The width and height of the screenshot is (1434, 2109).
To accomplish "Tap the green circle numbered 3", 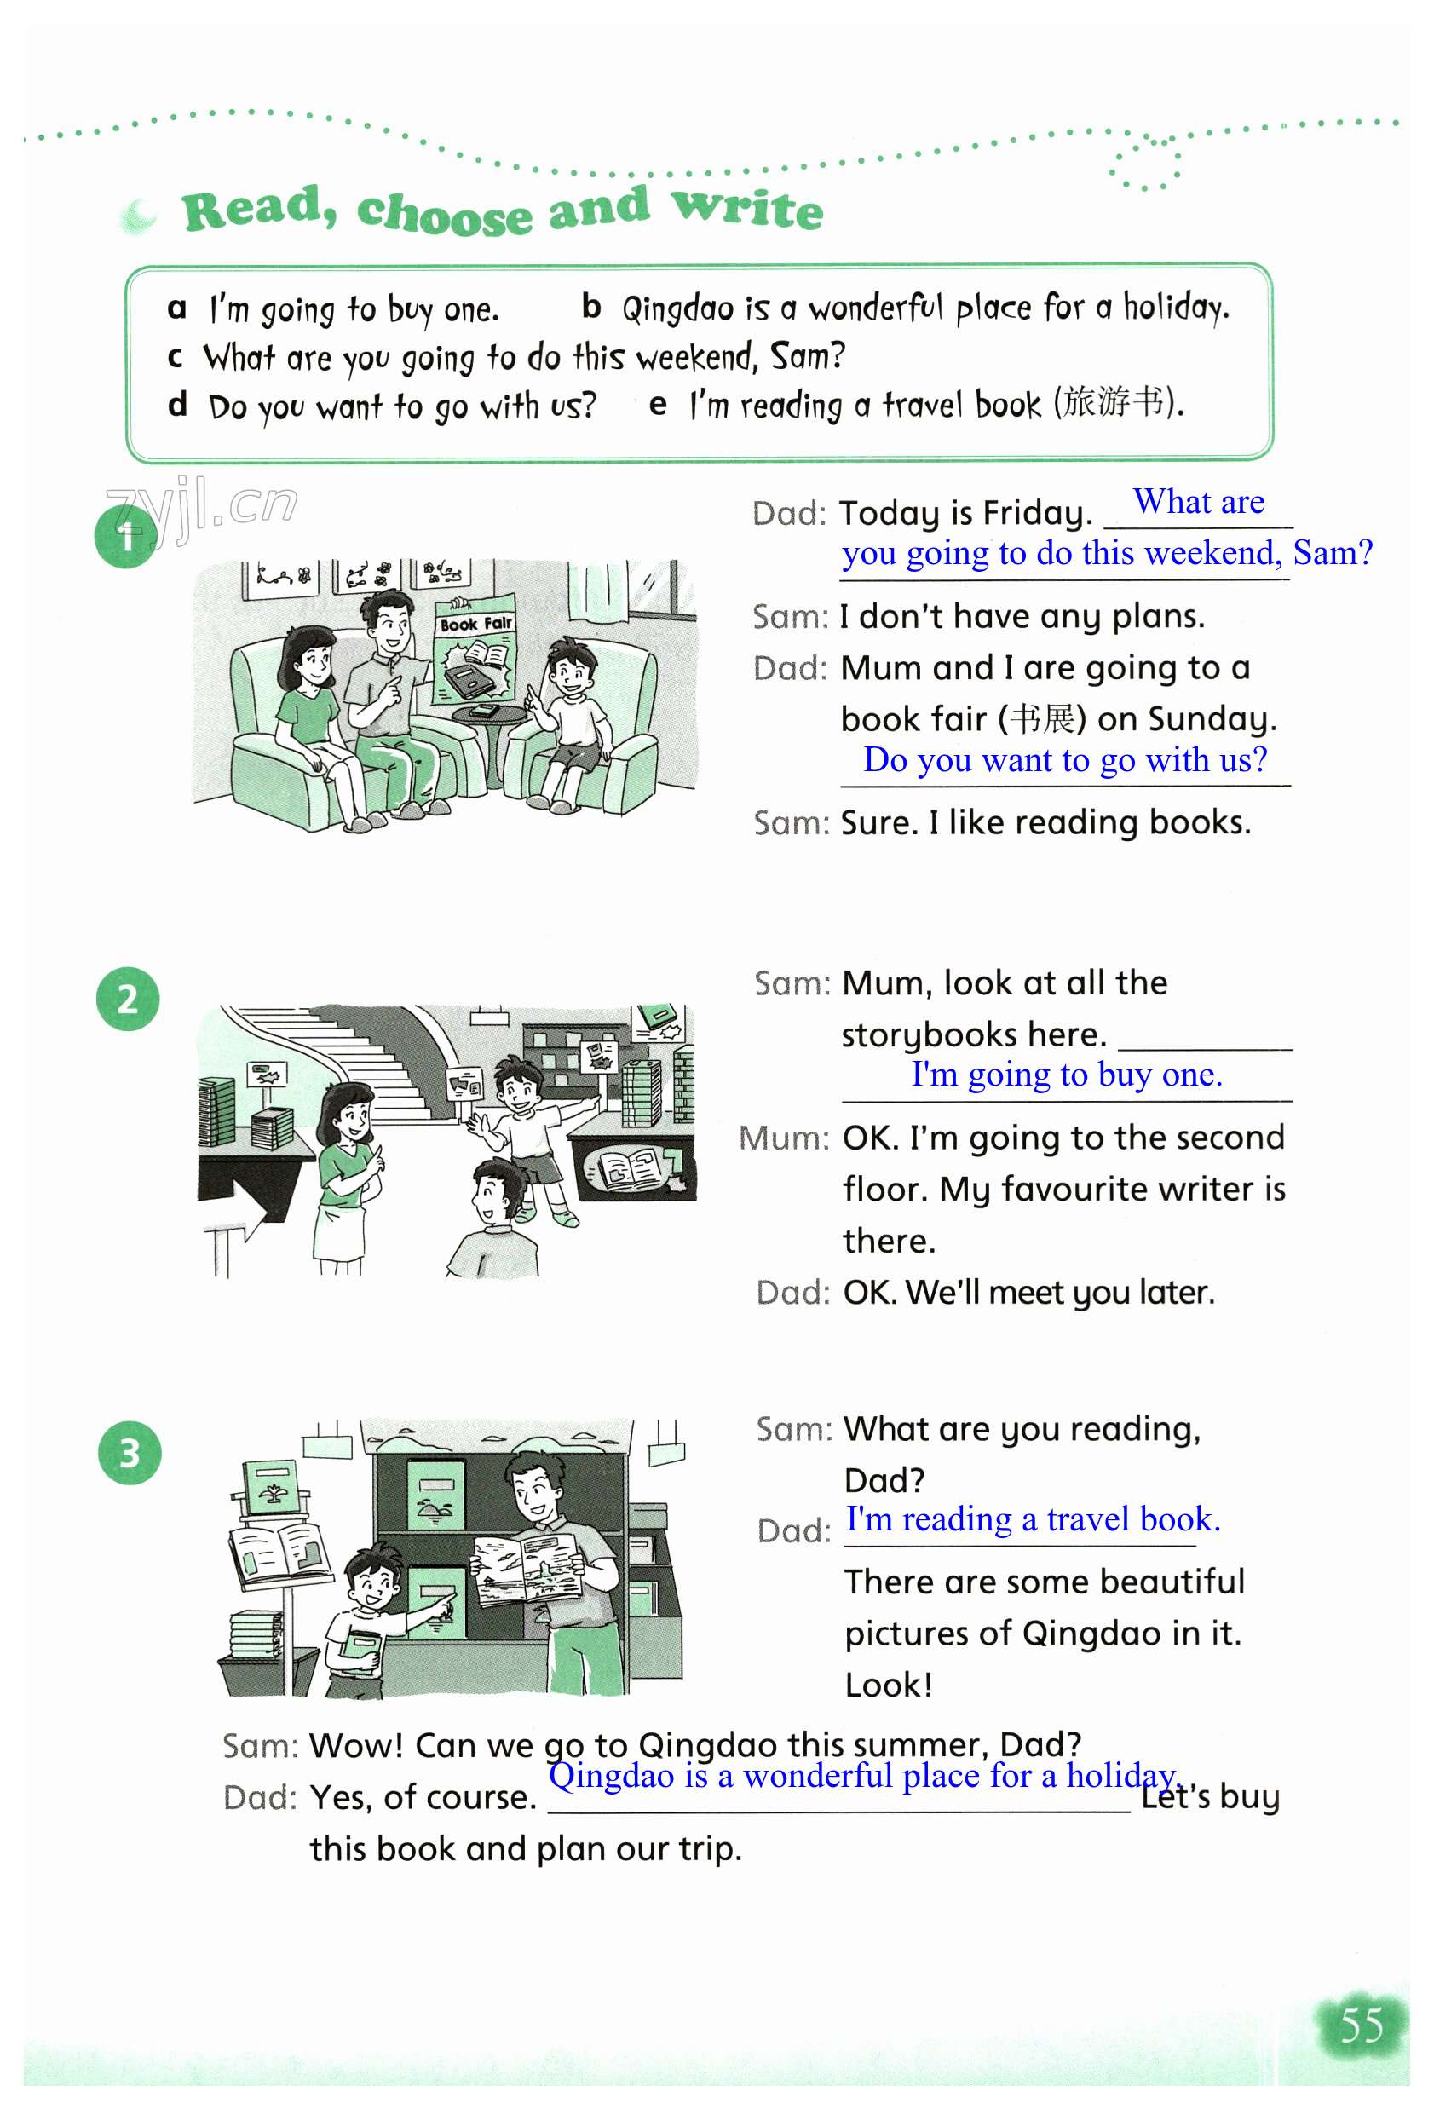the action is [x=129, y=1452].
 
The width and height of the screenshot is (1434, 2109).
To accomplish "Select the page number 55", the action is [x=1362, y=2025].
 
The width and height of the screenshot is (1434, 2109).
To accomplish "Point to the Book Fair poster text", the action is [x=475, y=624].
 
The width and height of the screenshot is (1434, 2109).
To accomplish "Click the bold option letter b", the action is [x=590, y=307].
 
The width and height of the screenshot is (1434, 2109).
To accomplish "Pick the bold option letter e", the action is [x=658, y=405].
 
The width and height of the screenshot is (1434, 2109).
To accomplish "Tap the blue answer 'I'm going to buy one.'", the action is [x=1067, y=1075].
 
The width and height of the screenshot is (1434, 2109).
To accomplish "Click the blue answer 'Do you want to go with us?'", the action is [x=1064, y=759].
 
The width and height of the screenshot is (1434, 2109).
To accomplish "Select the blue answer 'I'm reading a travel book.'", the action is [x=1033, y=1519].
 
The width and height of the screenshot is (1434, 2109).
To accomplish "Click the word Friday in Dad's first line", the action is [x=1039, y=514].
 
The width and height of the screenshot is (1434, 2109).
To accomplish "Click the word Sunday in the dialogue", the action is [x=1212, y=720].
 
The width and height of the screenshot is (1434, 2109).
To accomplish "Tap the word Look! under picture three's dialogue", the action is [x=889, y=1685].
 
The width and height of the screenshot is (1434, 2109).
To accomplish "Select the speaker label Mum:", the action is [x=784, y=1138].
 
